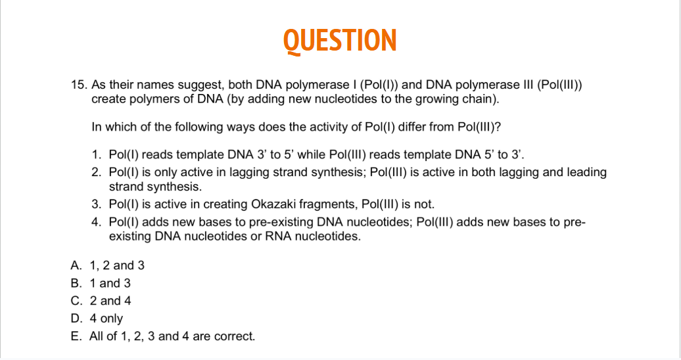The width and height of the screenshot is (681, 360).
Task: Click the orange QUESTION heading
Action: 340,40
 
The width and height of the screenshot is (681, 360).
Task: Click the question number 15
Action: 79,85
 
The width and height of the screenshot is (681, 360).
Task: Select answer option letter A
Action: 76,265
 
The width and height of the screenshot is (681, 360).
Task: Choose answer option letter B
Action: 76,283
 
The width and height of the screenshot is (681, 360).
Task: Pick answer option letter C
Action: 76,301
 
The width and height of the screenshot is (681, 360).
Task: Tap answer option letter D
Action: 76,319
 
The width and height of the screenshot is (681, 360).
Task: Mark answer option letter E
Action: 76,336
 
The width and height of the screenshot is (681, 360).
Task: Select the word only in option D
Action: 112,319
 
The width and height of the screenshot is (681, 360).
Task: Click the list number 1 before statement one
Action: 97,155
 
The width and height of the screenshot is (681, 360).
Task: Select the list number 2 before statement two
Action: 97,173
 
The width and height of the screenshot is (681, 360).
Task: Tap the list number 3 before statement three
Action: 97,204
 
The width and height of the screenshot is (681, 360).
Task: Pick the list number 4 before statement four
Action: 97,222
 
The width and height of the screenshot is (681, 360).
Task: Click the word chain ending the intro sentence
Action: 481,99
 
